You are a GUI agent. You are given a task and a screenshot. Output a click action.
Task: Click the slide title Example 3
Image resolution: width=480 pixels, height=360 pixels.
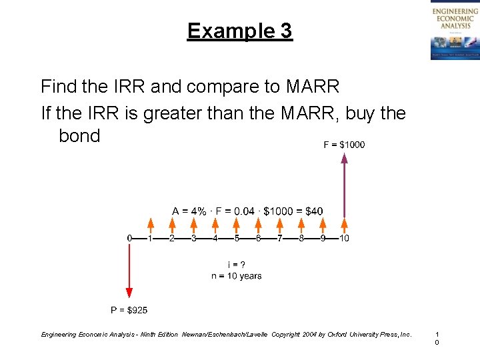click(239, 31)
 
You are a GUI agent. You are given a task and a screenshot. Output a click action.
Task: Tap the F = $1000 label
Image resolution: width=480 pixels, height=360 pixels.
click(344, 145)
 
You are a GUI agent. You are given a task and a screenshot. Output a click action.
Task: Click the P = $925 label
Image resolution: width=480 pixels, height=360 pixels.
click(129, 309)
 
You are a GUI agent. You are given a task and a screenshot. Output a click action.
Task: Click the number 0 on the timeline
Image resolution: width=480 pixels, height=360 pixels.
click(129, 238)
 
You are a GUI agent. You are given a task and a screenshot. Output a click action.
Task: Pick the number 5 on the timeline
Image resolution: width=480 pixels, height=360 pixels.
click(237, 238)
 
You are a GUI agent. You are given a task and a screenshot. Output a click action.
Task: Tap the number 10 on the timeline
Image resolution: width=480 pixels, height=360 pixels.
click(344, 238)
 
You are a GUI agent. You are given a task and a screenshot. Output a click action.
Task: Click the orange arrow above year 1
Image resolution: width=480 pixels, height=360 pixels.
click(151, 225)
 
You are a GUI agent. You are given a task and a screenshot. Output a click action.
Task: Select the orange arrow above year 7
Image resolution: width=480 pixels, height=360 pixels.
click(280, 225)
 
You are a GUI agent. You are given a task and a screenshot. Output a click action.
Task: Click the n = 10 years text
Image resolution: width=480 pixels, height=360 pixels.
click(236, 276)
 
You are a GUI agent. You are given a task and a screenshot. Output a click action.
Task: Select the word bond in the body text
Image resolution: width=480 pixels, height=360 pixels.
click(79, 136)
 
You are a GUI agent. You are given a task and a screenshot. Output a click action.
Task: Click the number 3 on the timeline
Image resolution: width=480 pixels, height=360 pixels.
click(194, 238)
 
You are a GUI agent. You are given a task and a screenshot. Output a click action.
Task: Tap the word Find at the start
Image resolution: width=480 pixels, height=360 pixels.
click(58, 87)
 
